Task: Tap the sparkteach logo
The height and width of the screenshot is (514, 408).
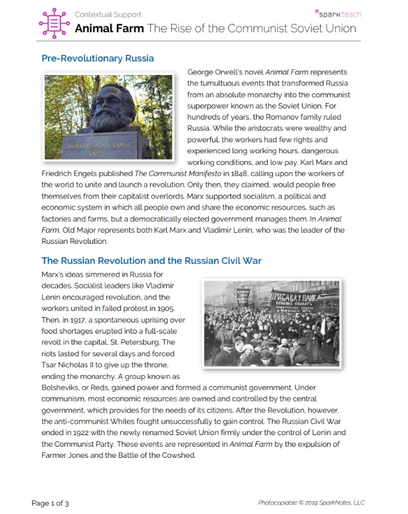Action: [338, 13]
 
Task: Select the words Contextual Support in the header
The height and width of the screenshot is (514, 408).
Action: [107, 14]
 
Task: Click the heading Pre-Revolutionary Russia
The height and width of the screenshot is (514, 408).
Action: [98, 58]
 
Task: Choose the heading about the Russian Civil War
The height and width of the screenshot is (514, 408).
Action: [151, 261]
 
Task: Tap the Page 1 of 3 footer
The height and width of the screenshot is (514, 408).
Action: [51, 502]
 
